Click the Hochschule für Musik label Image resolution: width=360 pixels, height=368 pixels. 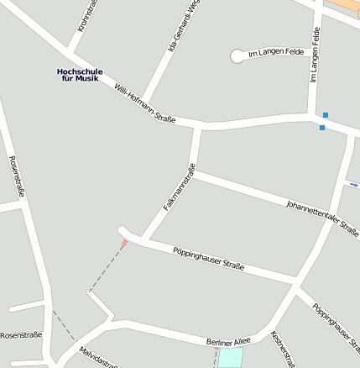tap(80, 75)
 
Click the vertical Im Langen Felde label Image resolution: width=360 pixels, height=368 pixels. tap(316, 54)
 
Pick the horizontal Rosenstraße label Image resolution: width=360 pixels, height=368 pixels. tap(21, 335)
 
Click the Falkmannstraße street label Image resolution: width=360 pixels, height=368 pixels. tap(180, 192)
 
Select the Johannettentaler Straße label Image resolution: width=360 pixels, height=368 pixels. tap(321, 218)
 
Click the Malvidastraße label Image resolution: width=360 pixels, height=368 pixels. tap(97, 356)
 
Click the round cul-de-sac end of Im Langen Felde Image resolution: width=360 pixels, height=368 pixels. tap(237, 56)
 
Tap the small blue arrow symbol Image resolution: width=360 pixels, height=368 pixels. tap(354, 184)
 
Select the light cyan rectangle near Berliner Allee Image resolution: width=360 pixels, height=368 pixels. tap(230, 357)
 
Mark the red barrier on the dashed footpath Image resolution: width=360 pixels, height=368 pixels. tap(124, 243)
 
